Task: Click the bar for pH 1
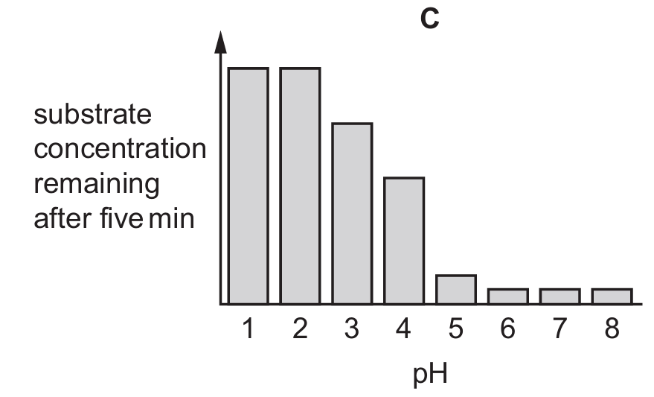coord(248,186)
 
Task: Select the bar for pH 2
coord(300,186)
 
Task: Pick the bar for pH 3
coord(352,214)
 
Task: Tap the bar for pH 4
coord(404,241)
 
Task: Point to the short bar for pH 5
coord(456,290)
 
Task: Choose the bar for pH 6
coord(508,296)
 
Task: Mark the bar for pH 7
coord(560,296)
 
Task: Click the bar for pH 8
coord(612,296)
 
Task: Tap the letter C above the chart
coord(429,19)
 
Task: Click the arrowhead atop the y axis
coord(220,42)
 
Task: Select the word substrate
coord(93,115)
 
